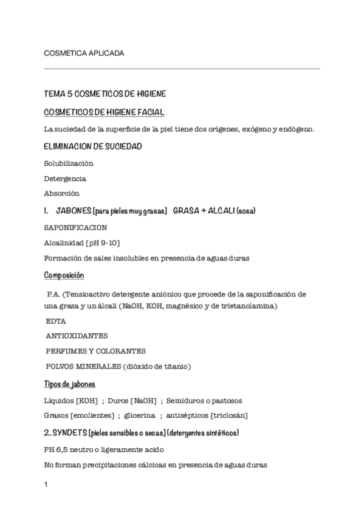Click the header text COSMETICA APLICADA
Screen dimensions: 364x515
84,53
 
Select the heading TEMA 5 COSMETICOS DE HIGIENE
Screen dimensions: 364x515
105,95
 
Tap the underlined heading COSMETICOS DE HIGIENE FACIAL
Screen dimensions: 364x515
104,112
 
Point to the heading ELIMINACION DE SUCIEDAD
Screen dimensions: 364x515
93,146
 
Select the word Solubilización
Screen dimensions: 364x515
69,163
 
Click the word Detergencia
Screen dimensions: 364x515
65,179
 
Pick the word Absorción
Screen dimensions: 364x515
61,194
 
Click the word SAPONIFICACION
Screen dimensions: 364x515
75,228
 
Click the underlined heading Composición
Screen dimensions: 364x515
64,275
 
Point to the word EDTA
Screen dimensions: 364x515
56,321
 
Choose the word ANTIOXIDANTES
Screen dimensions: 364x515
77,336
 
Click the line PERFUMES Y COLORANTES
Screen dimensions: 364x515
95,351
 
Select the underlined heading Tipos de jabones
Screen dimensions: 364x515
69,384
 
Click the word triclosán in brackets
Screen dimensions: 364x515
228,416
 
